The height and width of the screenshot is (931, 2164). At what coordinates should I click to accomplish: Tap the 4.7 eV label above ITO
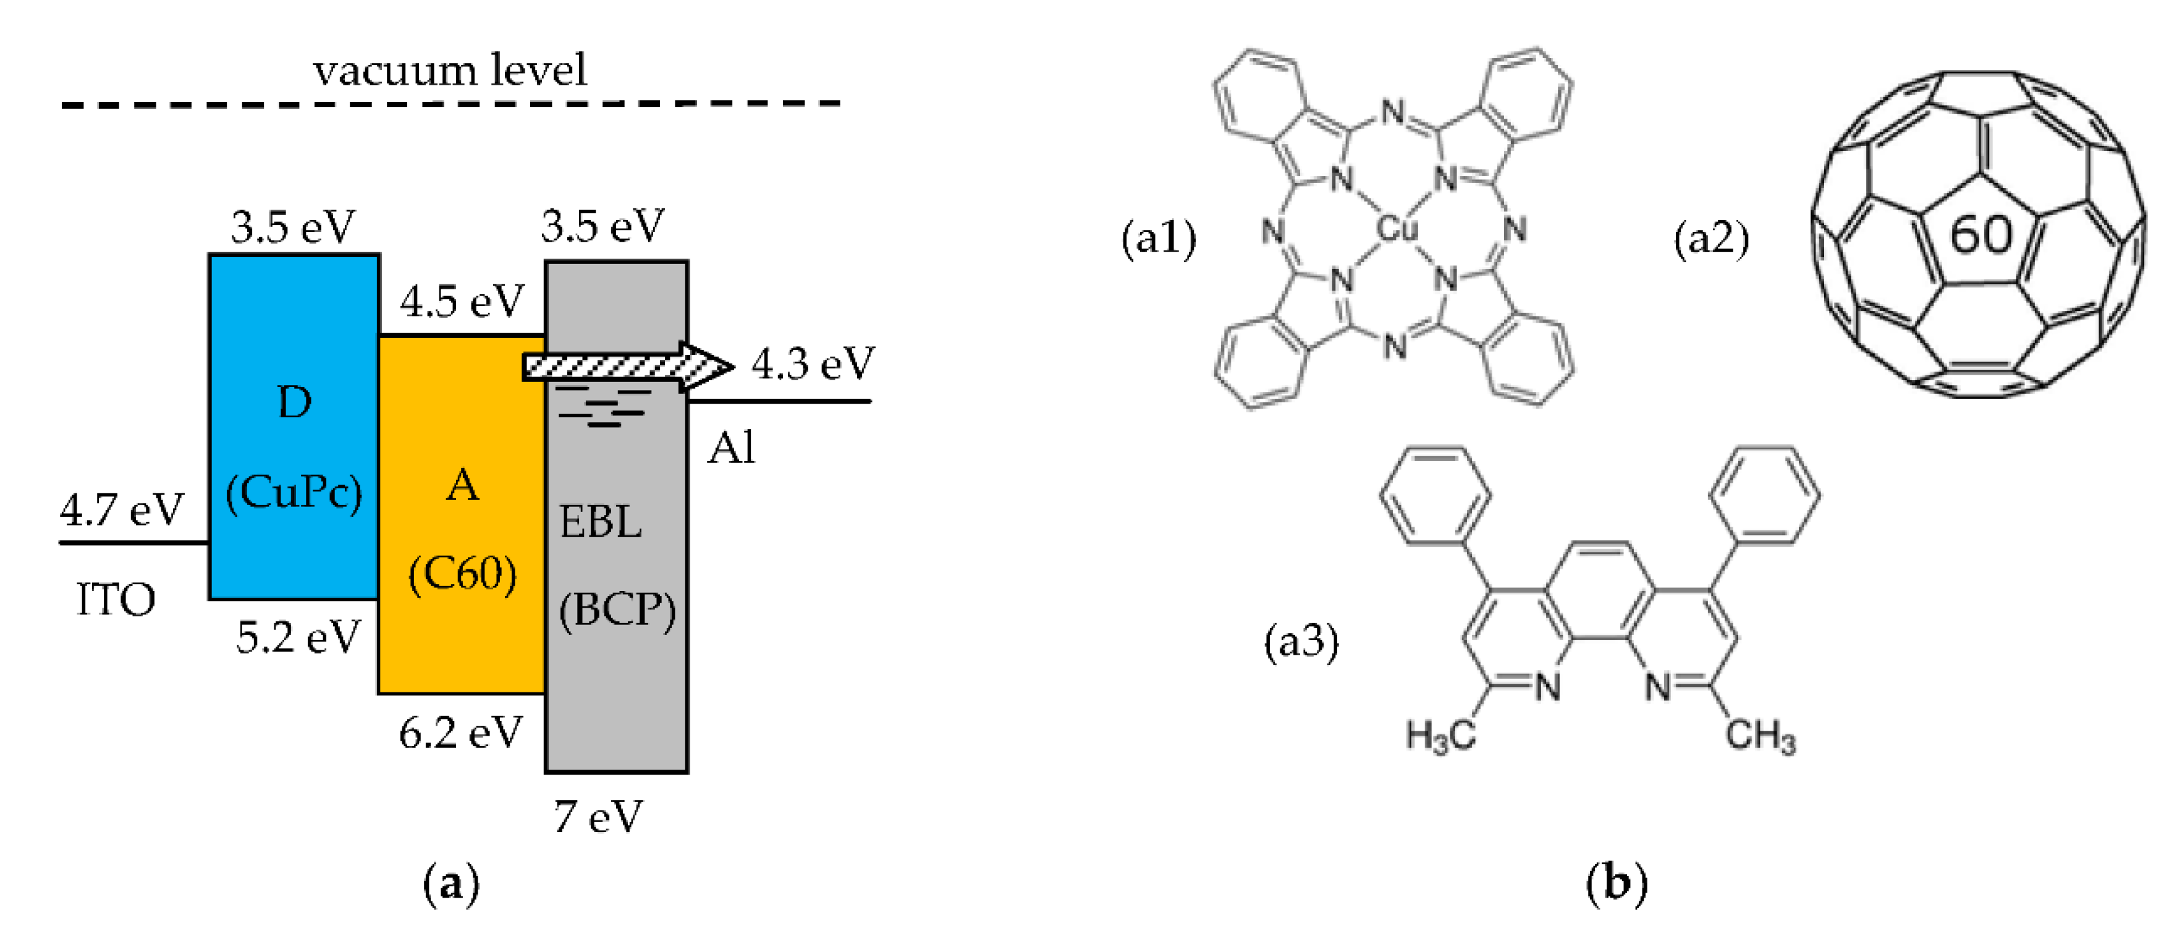(x=122, y=510)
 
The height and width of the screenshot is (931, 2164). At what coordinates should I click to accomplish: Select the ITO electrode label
(x=116, y=600)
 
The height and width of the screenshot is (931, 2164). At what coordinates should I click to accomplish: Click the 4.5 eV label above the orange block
(x=462, y=302)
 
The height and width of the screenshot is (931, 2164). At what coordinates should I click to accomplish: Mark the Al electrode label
(x=731, y=448)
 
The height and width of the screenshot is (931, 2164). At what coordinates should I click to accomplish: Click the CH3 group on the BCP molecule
(x=1760, y=737)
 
